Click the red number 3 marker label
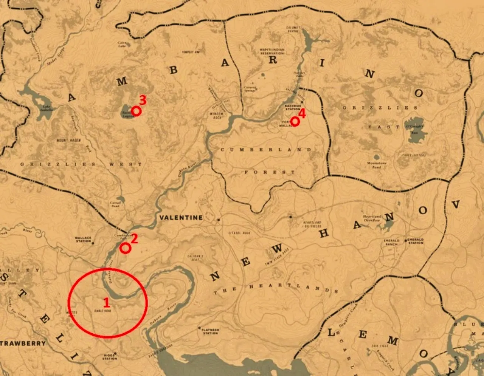(x=143, y=100)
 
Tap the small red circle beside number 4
(x=295, y=121)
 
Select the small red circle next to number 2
(x=125, y=248)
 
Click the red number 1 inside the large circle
(x=107, y=302)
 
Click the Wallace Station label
(x=83, y=240)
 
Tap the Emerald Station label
(x=416, y=241)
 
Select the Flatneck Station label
(x=210, y=331)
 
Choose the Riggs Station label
(x=109, y=357)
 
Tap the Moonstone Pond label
(x=376, y=165)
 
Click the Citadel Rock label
(x=239, y=233)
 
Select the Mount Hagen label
(x=68, y=140)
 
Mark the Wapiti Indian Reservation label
(x=272, y=52)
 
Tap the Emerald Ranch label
(x=391, y=242)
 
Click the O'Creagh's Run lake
(x=415, y=135)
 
